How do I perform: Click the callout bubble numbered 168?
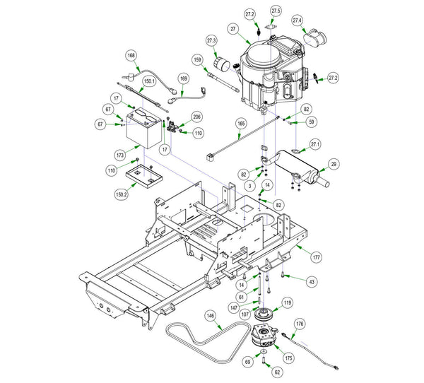[x=131, y=55]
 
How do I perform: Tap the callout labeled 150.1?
[x=150, y=82]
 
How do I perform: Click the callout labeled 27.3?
[x=211, y=41]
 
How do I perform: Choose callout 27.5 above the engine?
[x=276, y=11]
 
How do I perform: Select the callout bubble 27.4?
[x=298, y=20]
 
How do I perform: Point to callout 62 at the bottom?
[x=276, y=371]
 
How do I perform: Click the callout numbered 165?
[x=241, y=124]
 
